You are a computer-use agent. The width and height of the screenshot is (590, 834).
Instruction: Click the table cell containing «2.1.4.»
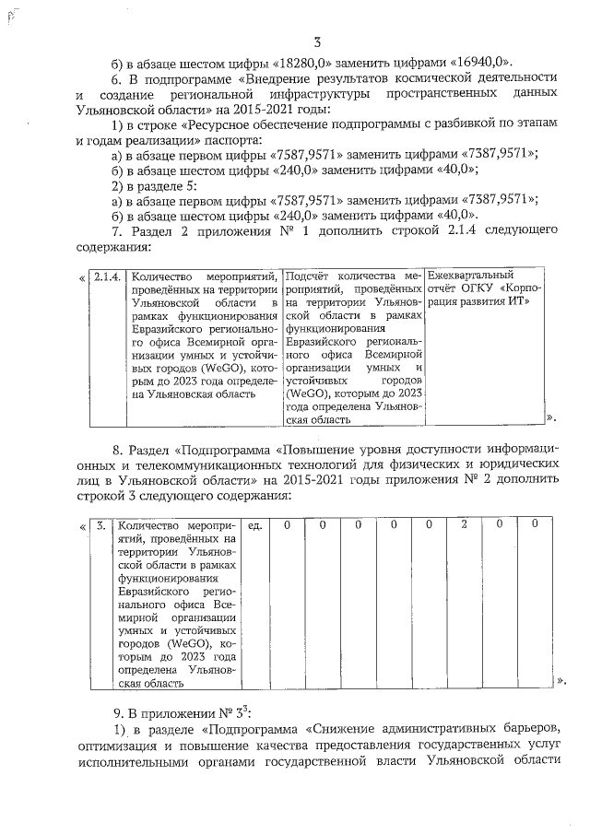pos(107,276)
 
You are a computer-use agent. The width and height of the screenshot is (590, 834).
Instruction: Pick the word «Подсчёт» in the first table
pos(308,276)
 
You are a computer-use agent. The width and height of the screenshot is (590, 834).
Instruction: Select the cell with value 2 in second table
pos(464,524)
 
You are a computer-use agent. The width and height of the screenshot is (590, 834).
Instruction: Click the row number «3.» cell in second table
pos(99,524)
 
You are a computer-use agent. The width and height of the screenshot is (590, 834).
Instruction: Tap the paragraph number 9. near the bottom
pos(118,712)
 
